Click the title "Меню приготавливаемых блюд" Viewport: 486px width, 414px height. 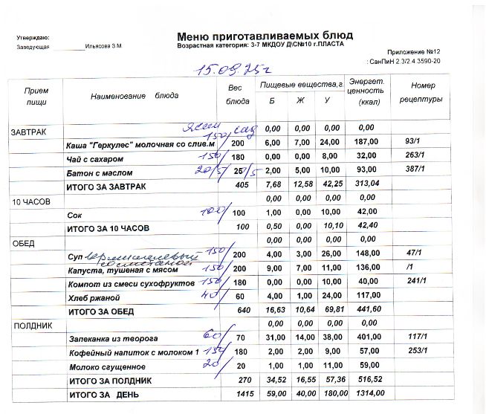coord(265,36)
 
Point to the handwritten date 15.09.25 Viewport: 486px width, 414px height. coord(222,70)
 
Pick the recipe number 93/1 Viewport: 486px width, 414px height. coord(415,143)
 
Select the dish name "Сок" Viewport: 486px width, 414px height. coord(74,214)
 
